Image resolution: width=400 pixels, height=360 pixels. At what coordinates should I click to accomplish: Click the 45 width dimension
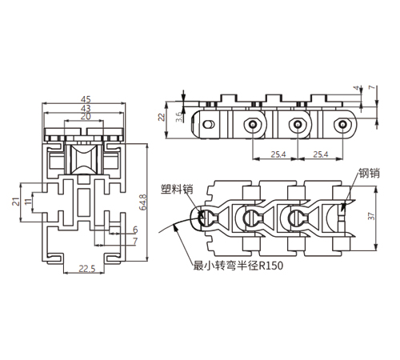click(x=86, y=99)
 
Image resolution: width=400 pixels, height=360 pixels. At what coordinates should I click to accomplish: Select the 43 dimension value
click(x=86, y=108)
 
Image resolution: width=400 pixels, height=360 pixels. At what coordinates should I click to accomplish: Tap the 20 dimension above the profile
click(x=86, y=117)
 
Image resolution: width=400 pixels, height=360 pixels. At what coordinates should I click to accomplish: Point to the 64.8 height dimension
click(x=143, y=202)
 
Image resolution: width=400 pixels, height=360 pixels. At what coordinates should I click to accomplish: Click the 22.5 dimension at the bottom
click(x=87, y=269)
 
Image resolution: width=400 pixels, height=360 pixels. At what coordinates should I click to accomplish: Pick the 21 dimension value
click(x=16, y=202)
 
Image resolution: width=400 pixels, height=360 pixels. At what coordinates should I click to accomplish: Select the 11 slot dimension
click(x=28, y=202)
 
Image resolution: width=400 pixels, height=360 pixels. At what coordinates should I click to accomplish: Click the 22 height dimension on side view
click(x=162, y=117)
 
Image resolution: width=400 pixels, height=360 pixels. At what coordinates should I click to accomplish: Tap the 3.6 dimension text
click(x=179, y=117)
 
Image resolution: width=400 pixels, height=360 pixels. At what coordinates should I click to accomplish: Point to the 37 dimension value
click(x=371, y=216)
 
